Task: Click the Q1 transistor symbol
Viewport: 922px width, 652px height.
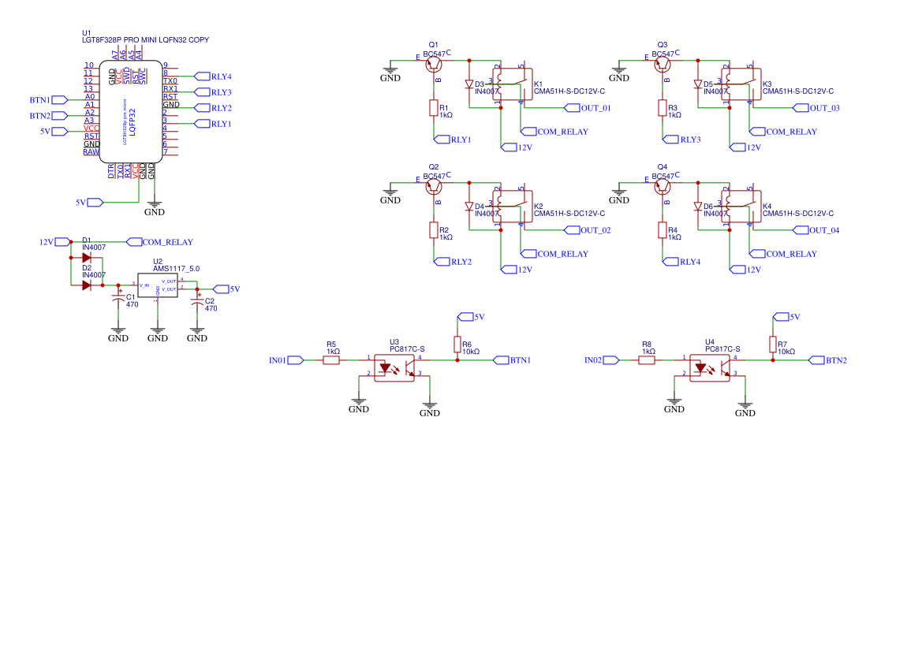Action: [x=434, y=64]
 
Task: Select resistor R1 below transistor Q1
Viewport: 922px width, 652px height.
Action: [x=433, y=108]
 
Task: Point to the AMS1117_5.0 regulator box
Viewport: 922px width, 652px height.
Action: [x=158, y=285]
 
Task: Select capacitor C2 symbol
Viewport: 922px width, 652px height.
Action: [x=197, y=300]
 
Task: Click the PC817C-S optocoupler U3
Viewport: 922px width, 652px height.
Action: [x=394, y=367]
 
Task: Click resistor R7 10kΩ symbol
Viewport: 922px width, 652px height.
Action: [x=773, y=345]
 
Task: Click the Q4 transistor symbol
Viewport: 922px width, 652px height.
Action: [x=663, y=186]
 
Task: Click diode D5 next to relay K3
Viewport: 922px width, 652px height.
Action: [x=698, y=84]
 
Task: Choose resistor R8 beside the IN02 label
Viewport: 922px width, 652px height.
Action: [x=647, y=360]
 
